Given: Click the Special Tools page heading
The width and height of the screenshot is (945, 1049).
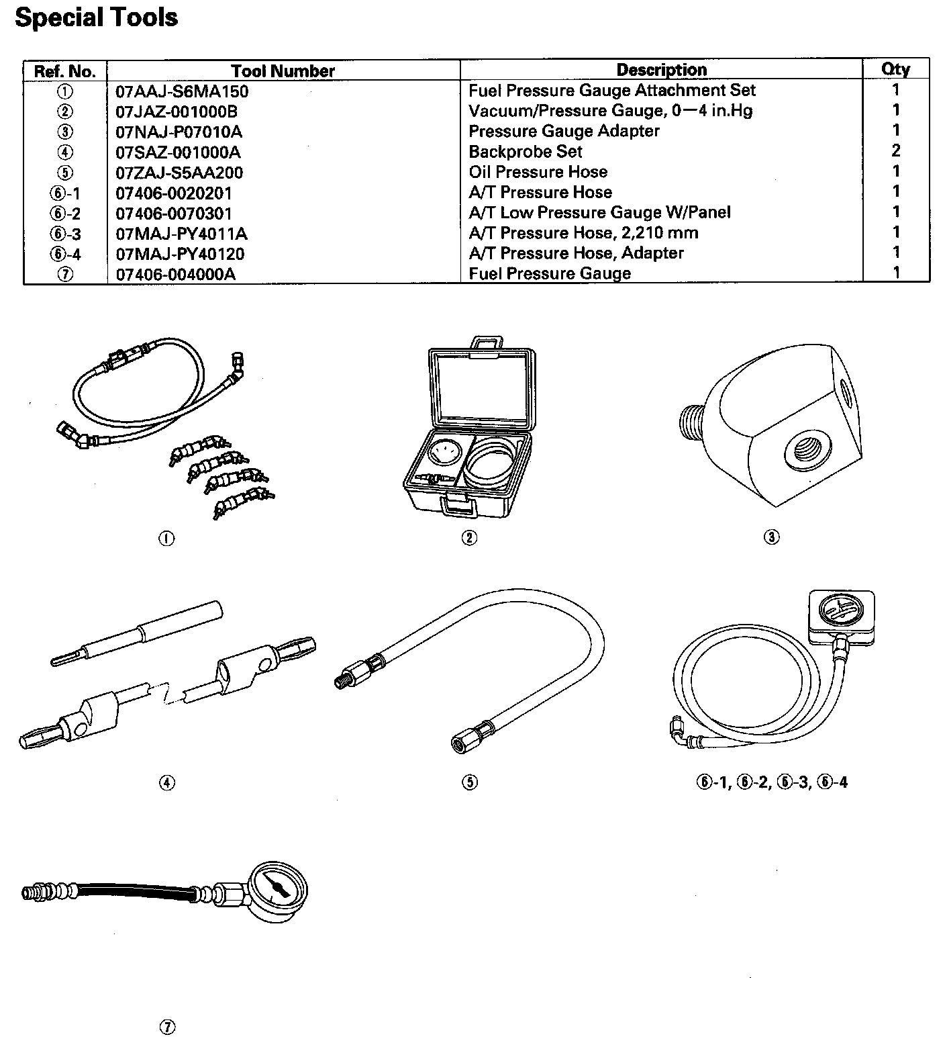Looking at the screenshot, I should [x=96, y=17].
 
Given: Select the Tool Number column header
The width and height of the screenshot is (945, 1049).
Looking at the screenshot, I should [x=283, y=71].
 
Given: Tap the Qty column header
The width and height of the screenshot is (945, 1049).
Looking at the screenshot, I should [x=895, y=69].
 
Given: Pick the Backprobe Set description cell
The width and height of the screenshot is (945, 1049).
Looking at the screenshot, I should [x=525, y=152].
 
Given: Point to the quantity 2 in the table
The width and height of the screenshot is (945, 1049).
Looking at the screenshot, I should [x=895, y=150].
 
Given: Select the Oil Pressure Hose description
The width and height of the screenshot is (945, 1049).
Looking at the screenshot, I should [x=538, y=172].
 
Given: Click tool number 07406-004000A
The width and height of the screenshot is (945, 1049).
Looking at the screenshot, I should [x=175, y=274].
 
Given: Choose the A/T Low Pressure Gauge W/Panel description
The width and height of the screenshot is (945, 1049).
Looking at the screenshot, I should [x=599, y=213].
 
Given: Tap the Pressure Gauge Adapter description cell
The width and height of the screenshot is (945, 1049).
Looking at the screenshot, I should [x=564, y=131].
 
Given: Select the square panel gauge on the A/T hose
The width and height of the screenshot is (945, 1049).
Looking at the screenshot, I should [x=842, y=613].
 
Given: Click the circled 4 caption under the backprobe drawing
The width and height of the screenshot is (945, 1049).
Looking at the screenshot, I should [x=167, y=782].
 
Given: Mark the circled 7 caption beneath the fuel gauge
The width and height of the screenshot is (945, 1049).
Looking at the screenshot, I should [x=167, y=1028].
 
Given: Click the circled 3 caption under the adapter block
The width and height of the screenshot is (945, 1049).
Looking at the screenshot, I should [x=771, y=537].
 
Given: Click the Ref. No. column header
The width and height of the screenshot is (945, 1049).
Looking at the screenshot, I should [x=65, y=71].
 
